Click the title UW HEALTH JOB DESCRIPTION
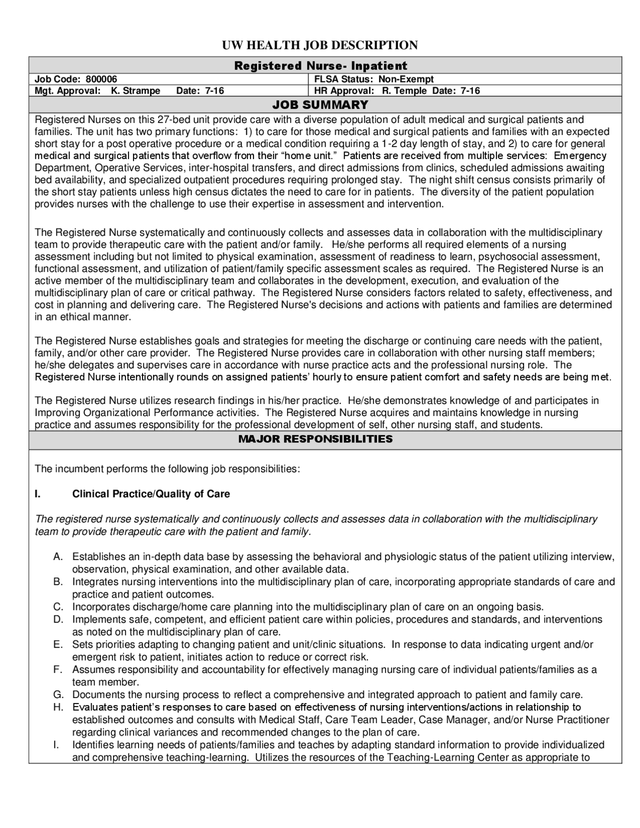coord(320,45)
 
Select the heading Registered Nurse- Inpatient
coord(320,66)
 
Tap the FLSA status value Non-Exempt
coord(405,79)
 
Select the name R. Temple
coord(404,91)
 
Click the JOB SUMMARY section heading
coord(320,105)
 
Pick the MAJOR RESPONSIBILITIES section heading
coord(315,439)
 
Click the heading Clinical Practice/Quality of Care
coord(151,494)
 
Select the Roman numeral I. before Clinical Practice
coord(37,494)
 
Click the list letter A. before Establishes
coord(58,557)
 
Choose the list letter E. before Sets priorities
coord(58,644)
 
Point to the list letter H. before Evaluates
coord(58,707)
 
